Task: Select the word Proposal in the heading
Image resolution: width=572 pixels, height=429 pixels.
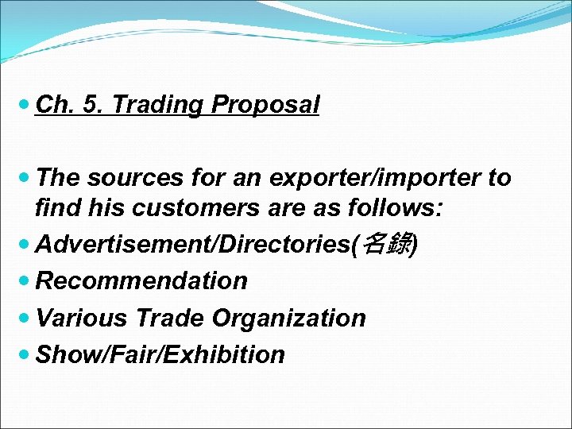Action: point(265,105)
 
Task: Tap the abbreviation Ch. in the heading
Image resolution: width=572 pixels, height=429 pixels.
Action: point(52,105)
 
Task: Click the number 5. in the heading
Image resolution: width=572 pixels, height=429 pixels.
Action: point(93,105)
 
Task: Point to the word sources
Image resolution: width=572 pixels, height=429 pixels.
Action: point(126,178)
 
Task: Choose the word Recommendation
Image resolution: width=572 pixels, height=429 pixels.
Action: point(142,280)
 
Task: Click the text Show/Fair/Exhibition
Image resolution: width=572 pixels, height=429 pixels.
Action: point(160,354)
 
